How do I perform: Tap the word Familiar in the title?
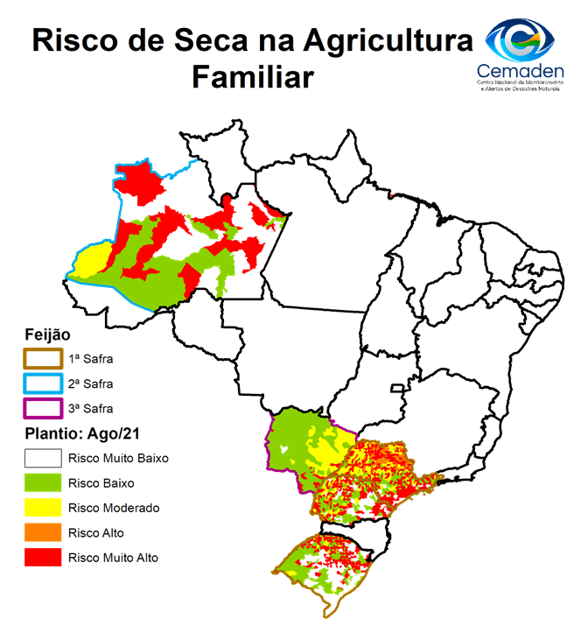pos(252,77)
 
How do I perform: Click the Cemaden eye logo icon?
pos(521,37)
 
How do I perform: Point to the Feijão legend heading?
pos(48,334)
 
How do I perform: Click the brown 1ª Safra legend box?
pos(42,359)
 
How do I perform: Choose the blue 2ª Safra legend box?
pos(42,383)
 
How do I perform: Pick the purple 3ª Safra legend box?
pos(42,408)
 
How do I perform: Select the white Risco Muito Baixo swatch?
pos(42,457)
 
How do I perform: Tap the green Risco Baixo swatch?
pos(42,482)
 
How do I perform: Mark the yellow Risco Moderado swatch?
pos(42,507)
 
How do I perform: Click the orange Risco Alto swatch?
pos(42,531)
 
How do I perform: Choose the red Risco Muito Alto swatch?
pos(42,556)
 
